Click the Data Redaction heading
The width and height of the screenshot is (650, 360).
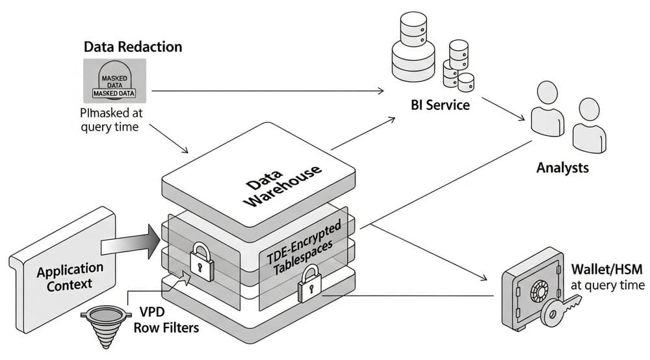tap(133, 47)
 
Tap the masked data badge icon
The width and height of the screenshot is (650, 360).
tap(114, 81)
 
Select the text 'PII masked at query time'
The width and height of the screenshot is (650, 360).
tap(110, 119)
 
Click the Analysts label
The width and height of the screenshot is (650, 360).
tap(562, 168)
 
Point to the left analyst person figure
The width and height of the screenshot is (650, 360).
tap(547, 109)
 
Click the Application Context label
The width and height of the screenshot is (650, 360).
tap(70, 276)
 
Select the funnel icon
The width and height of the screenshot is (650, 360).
tap(105, 326)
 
